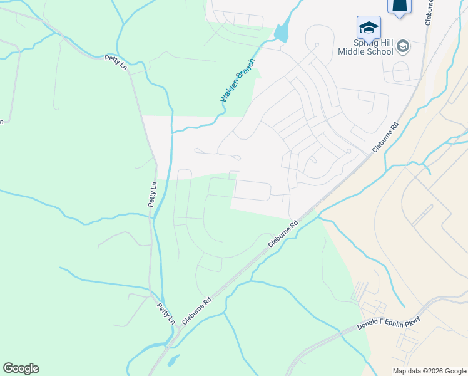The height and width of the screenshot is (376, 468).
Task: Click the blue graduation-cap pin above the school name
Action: click(x=369, y=28)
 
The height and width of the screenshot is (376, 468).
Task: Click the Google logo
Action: click(x=21, y=368)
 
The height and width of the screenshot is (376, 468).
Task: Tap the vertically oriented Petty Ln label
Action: click(x=152, y=195)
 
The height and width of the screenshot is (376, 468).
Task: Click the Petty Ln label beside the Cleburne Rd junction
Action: click(x=166, y=313)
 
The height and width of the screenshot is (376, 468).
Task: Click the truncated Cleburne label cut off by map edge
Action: click(x=429, y=13)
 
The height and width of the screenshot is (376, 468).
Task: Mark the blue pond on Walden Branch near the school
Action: click(x=281, y=31)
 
